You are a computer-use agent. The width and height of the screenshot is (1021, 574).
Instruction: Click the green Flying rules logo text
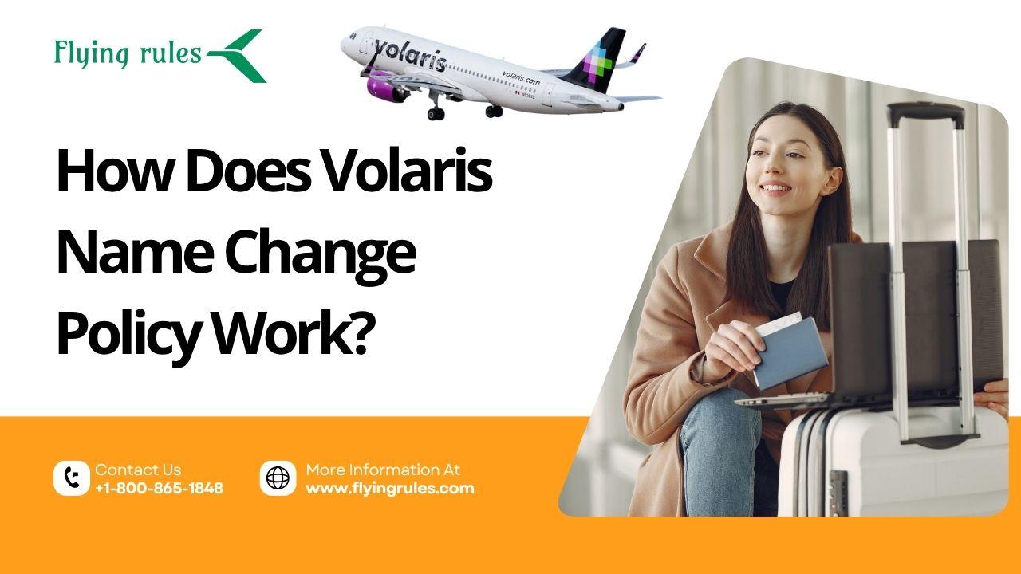point(128,53)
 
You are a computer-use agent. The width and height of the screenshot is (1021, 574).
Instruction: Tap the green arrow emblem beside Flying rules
point(237,56)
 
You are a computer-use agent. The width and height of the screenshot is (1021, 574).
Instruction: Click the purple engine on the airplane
point(387,88)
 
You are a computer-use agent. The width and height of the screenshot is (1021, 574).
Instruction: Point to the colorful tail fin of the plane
point(593,59)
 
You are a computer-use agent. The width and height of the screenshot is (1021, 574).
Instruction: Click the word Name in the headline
point(135,254)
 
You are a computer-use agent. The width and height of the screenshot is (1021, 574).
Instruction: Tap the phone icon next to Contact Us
point(72,478)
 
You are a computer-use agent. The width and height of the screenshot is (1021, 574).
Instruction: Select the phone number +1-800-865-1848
point(159,489)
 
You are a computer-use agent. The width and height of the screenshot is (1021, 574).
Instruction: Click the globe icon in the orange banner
point(278,478)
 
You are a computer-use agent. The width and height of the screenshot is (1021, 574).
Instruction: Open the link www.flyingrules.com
point(390,489)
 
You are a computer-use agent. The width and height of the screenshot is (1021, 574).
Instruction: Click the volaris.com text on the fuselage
point(521,78)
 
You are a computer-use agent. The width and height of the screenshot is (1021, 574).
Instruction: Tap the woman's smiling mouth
point(775,188)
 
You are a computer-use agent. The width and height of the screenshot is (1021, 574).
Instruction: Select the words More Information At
point(383,470)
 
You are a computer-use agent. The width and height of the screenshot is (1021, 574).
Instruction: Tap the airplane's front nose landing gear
point(436,108)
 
